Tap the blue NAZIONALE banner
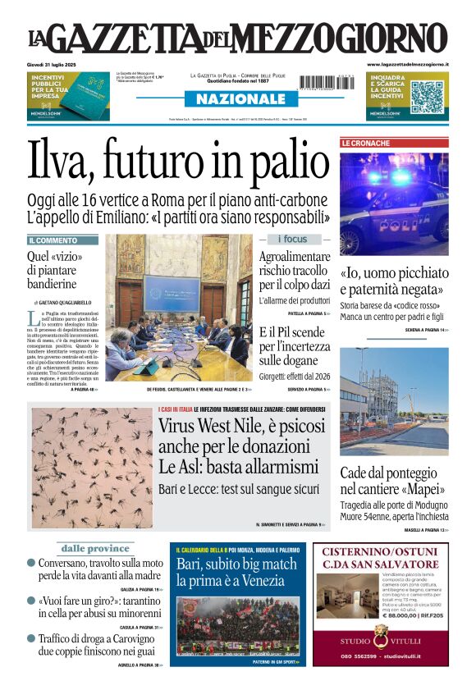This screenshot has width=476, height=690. tap(236, 98)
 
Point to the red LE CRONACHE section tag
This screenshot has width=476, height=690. tap(366, 143)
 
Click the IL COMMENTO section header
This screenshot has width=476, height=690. tap(53, 240)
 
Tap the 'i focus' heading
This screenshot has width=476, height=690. tap(293, 239)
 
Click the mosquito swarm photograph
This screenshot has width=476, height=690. tap(92, 468)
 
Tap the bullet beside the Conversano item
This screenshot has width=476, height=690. tap(31, 564)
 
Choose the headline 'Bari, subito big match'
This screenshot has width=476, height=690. tap(236, 564)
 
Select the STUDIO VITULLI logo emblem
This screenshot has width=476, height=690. tap(381, 633)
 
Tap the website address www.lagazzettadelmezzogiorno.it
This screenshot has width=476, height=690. tap(407, 65)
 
